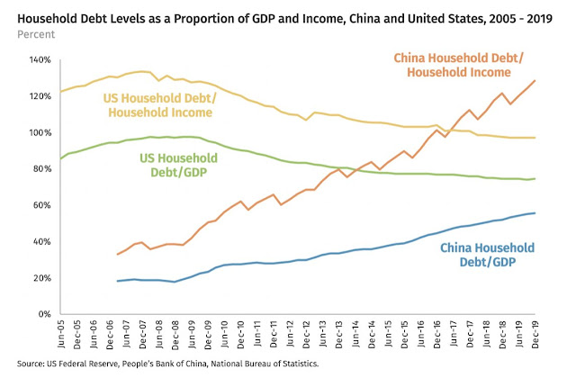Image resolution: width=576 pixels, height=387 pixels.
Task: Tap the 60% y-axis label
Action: click(42, 205)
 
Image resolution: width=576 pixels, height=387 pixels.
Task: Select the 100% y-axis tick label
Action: click(40, 132)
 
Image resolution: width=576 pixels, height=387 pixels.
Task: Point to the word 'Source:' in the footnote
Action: click(32, 364)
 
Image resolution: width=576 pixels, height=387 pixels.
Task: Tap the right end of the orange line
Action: click(535, 80)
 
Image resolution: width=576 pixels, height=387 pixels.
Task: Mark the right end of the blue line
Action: click(535, 213)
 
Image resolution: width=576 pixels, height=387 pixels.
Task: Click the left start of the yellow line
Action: click(60, 92)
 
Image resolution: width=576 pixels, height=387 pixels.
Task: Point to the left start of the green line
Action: click(60, 158)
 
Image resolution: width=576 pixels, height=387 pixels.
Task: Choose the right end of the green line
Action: click(535, 178)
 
